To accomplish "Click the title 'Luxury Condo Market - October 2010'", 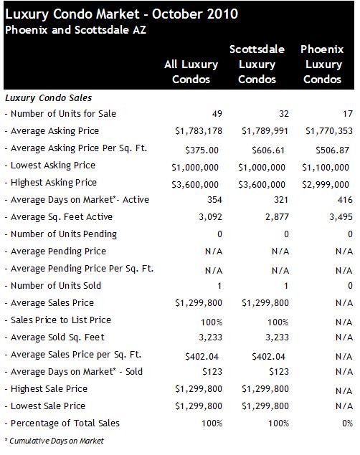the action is [122, 14].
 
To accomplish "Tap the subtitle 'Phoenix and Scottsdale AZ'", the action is [75, 30].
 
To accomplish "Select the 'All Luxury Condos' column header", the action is [191, 72].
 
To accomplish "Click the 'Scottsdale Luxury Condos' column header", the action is [257, 64].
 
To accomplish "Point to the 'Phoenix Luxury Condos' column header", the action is [322, 64].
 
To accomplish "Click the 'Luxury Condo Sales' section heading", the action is [49, 98].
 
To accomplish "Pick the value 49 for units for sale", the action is [217, 113].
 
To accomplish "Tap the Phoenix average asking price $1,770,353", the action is [329, 131].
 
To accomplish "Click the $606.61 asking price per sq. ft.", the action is [268, 150].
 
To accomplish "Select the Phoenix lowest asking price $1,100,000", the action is [326, 168].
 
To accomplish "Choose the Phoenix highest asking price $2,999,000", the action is [326, 185].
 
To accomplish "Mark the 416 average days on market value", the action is [345, 200].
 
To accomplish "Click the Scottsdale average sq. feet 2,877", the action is [277, 217].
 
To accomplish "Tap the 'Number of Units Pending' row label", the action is [61, 234].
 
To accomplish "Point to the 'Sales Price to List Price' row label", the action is [58, 320].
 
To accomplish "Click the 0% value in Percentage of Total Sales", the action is [347, 423].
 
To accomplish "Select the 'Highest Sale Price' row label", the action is [46, 389].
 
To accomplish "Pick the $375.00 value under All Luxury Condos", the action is [202, 150].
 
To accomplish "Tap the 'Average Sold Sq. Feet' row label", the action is [55, 337].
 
